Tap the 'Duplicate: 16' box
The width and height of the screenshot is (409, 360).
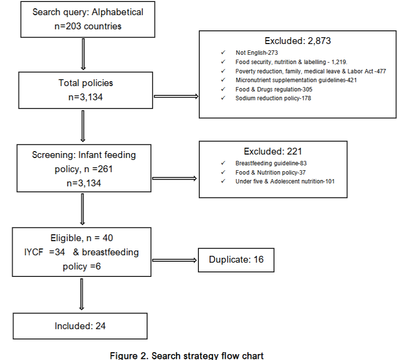(x=236, y=259)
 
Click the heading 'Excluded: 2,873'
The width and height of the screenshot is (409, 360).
(x=298, y=41)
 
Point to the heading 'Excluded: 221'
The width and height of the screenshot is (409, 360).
(x=273, y=152)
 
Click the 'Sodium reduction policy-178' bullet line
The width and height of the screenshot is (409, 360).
(x=273, y=98)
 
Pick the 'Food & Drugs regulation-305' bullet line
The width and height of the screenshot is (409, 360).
(x=274, y=90)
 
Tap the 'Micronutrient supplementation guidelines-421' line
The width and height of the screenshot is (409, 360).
(x=296, y=80)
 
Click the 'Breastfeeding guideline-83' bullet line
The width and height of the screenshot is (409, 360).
(x=271, y=163)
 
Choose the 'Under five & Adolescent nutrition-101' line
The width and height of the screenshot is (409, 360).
(x=285, y=181)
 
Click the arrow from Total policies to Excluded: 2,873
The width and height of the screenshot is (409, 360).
(x=176, y=96)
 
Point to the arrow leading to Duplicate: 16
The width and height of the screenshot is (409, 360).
(x=173, y=260)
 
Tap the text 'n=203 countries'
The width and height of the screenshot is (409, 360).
(x=88, y=26)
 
